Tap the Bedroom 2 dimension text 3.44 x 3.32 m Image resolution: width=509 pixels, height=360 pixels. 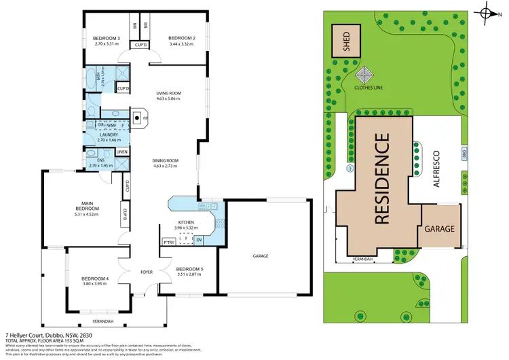pyautogui.click(x=181, y=44)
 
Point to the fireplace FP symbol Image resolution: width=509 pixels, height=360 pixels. pyautogui.click(x=137, y=118)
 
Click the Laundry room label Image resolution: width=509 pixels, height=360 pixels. pyautogui.click(x=109, y=134)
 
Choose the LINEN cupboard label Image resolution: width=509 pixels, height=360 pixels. pyautogui.click(x=122, y=151)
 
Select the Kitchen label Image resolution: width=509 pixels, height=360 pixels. pyautogui.click(x=187, y=222)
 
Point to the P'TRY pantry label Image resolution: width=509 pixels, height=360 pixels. pyautogui.click(x=168, y=242)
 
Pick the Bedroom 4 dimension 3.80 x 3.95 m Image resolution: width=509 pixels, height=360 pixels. pyautogui.click(x=95, y=285)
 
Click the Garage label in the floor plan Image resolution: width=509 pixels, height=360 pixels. pyautogui.click(x=261, y=256)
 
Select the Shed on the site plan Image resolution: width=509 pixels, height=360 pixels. pyautogui.click(x=345, y=42)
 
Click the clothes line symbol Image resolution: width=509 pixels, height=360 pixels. pyautogui.click(x=365, y=75)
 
